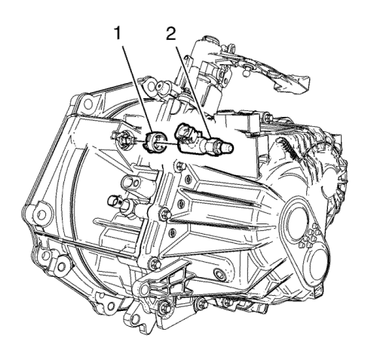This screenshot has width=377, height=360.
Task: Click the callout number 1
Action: pyautogui.click(x=118, y=35)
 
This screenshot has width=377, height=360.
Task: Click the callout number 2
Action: pyautogui.click(x=171, y=35)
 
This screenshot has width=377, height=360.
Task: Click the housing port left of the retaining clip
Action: pyautogui.click(x=124, y=139)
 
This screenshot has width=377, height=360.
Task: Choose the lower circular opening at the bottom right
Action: pyautogui.click(x=317, y=266)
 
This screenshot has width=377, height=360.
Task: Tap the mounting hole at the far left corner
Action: pyautogui.click(x=41, y=214)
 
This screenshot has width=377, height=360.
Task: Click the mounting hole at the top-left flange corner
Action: pyautogui.click(x=87, y=103)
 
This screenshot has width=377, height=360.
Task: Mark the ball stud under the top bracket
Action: pyautogui.click(x=245, y=72)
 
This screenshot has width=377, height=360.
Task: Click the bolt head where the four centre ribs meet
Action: pyautogui.click(x=165, y=214)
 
